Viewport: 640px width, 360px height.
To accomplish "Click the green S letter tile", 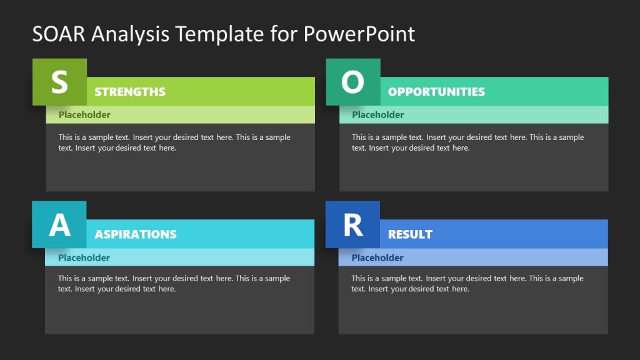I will pos(59,82).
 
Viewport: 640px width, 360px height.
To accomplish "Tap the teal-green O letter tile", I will pos(353,82).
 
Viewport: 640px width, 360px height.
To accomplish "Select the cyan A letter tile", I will pos(59,224).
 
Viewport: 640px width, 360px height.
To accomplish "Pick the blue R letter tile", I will pos(353,224).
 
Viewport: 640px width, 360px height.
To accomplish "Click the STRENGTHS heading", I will pos(130,92).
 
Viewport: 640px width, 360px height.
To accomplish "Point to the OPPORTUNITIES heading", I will pos(436,92).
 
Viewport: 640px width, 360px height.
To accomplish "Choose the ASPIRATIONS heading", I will pos(136,234).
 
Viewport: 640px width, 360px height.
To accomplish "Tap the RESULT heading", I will pos(410,234).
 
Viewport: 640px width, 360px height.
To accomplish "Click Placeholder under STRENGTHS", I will pos(84,115).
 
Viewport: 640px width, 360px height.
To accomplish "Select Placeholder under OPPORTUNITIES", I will pos(378,115).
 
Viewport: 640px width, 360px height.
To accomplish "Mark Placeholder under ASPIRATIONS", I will pos(84,257).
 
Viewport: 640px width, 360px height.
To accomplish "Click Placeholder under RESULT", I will pos(377,257).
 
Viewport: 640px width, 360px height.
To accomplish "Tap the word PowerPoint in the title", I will pos(359,34).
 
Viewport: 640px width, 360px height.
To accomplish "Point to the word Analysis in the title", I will pos(130,34).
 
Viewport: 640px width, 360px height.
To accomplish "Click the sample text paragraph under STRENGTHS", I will pos(174,142).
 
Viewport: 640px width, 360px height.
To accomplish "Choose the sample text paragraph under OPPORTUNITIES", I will pos(467,142).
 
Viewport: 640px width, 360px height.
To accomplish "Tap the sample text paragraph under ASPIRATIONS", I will pos(174,284).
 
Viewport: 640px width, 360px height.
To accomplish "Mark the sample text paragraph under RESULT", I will pos(467,284).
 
